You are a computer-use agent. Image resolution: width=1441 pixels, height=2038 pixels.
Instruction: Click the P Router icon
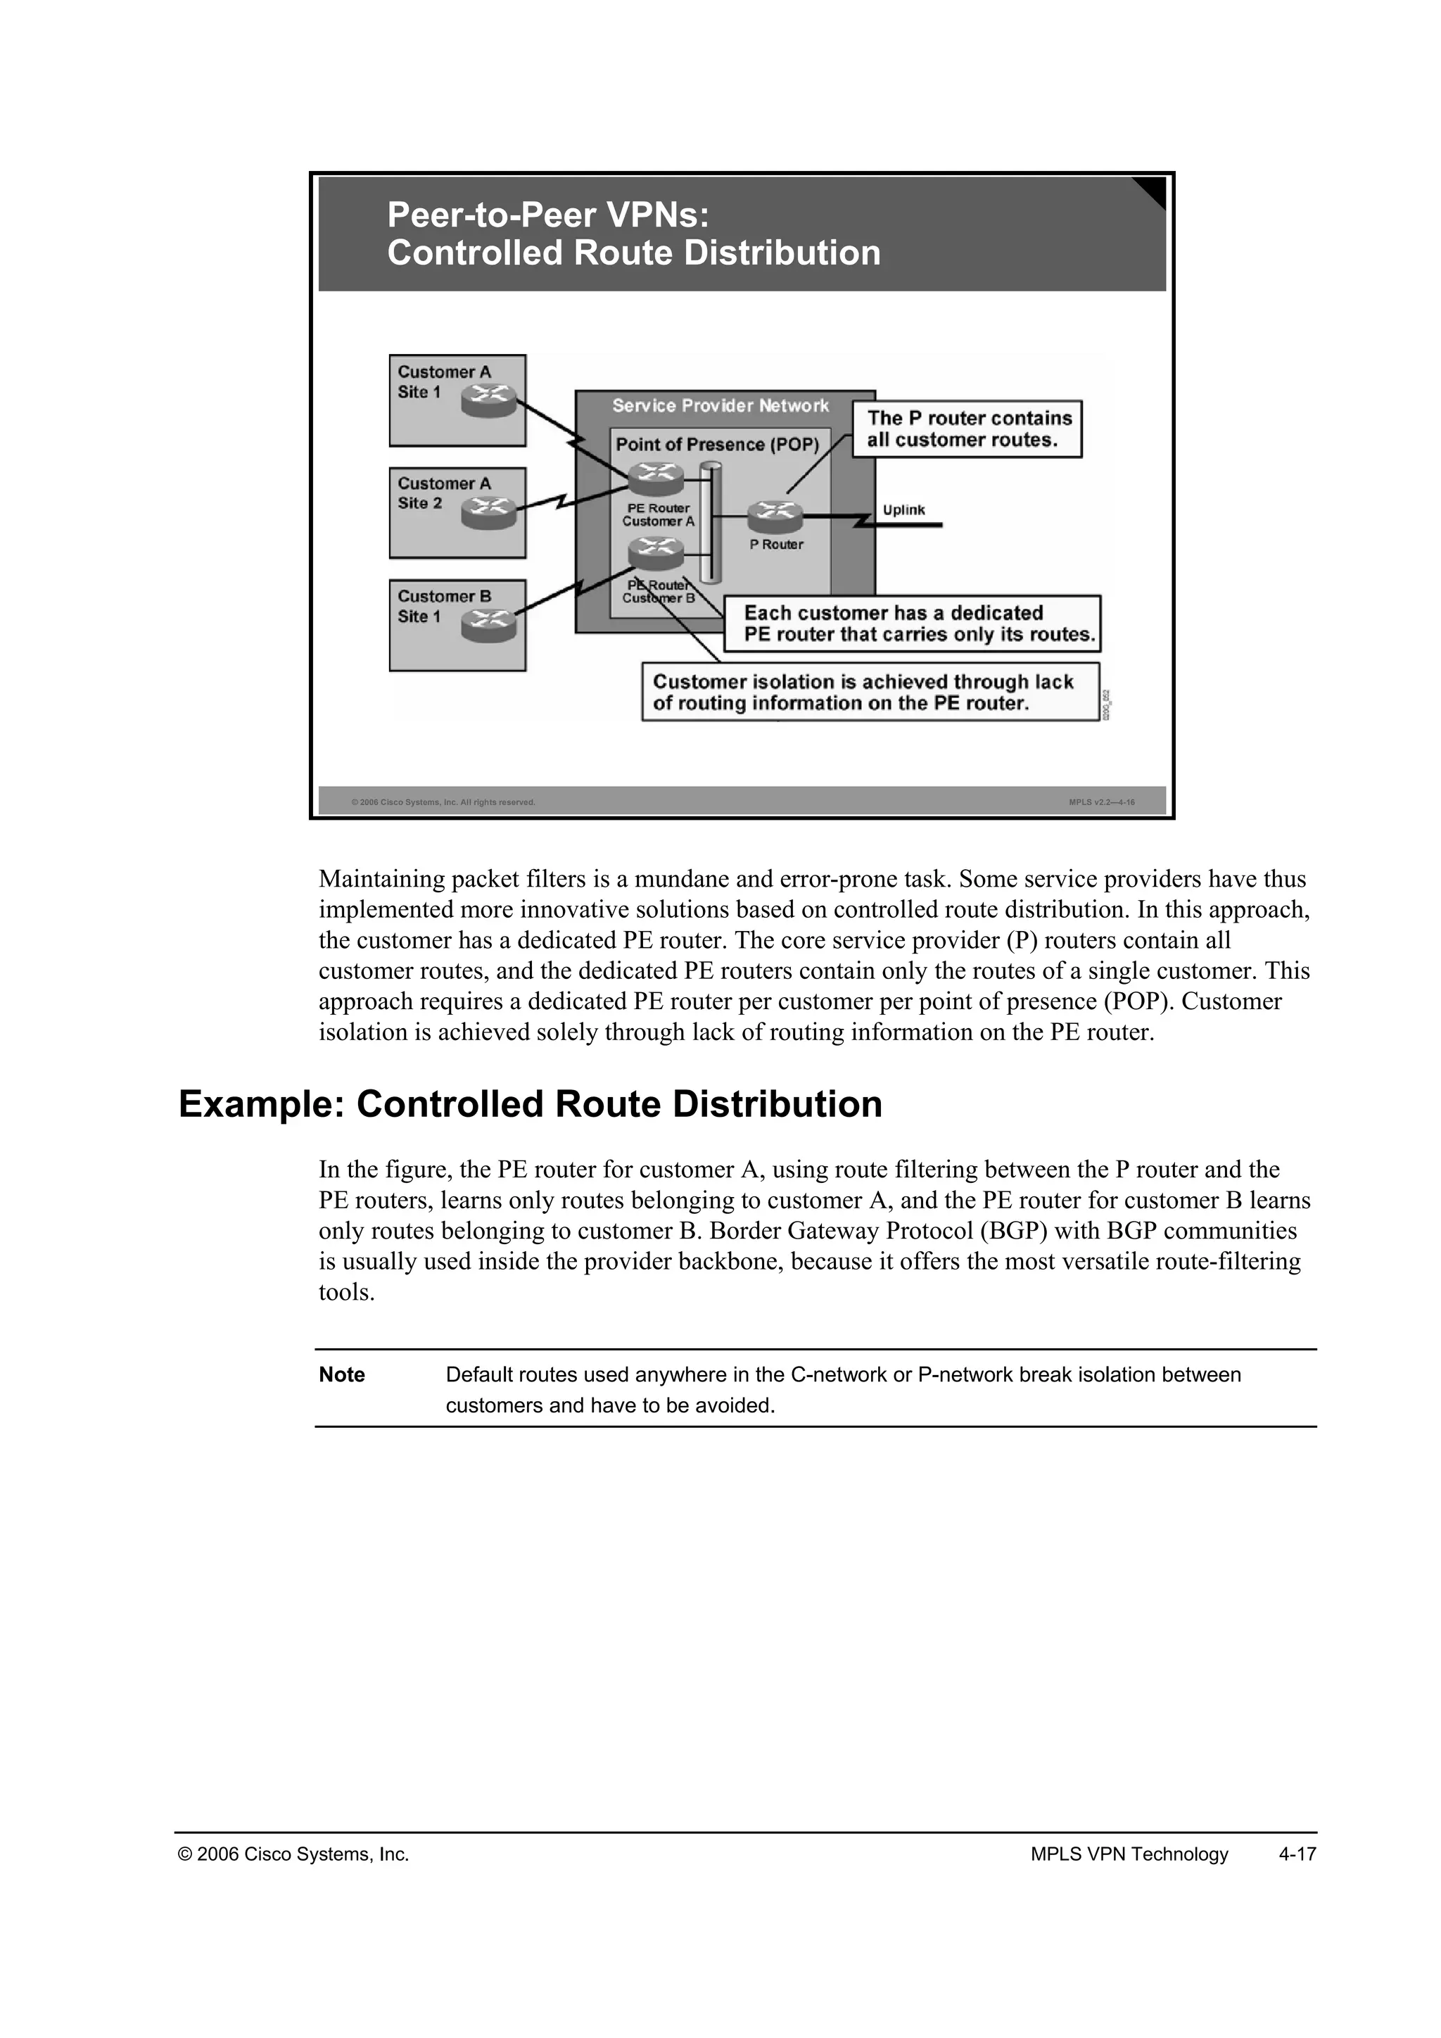click(775, 516)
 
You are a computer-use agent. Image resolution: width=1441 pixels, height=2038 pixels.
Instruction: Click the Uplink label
click(903, 509)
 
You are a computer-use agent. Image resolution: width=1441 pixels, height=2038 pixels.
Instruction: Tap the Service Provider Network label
click(720, 405)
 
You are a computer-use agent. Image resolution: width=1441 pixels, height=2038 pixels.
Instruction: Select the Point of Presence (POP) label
click(717, 444)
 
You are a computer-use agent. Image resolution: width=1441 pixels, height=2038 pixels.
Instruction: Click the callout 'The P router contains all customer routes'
click(967, 429)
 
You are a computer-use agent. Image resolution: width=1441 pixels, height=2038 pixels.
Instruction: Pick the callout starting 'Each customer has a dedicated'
click(911, 623)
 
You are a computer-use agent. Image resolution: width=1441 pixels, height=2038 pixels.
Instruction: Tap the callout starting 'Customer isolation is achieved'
click(870, 692)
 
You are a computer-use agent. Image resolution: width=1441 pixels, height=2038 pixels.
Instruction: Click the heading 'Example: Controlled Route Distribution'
click(530, 1104)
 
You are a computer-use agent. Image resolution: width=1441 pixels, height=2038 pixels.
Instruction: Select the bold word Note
click(342, 1374)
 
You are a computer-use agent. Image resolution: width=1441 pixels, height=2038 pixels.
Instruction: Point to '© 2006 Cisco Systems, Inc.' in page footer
click(293, 1854)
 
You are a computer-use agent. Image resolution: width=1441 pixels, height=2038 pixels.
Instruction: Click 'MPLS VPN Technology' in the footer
click(1129, 1854)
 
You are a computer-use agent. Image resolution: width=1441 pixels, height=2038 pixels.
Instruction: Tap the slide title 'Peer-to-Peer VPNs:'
click(548, 215)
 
